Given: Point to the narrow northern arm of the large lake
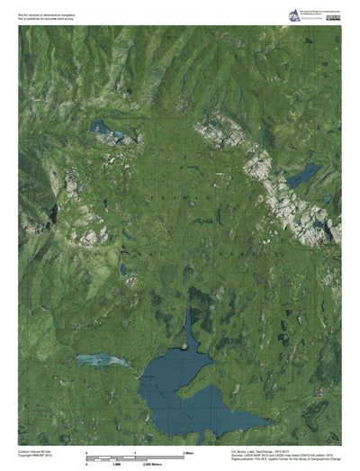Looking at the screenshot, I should pyautogui.click(x=189, y=329).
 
